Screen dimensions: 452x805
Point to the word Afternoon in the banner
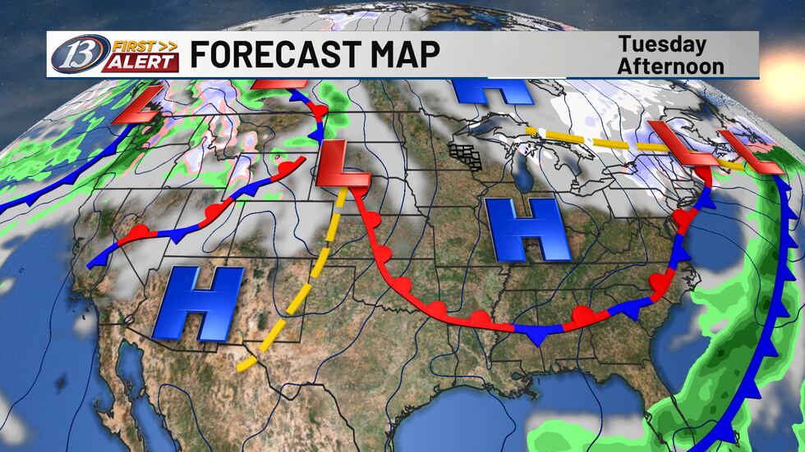tap(670, 65)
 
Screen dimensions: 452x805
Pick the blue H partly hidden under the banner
tap(489, 92)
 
